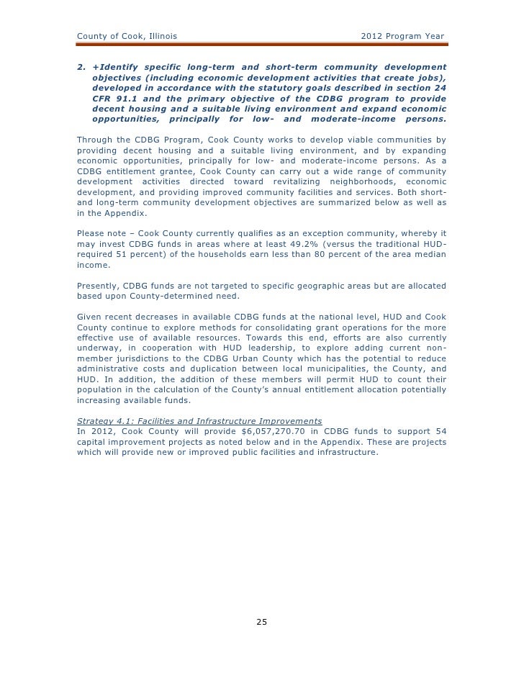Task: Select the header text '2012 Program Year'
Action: (x=401, y=37)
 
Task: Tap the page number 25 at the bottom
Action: (x=262, y=623)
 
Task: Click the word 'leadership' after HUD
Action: (x=258, y=356)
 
